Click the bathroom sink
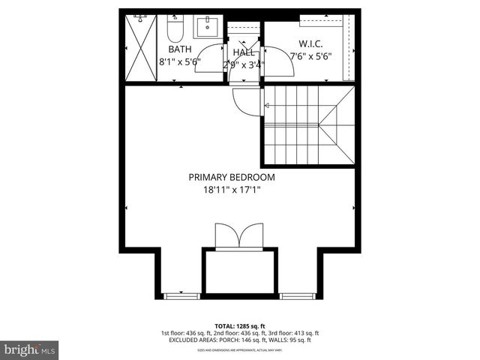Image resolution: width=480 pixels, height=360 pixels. (x=205, y=28)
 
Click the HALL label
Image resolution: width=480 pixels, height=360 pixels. (x=243, y=52)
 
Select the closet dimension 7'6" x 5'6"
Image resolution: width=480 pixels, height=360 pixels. (x=310, y=55)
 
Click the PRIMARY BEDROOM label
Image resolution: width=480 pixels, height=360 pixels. (x=231, y=178)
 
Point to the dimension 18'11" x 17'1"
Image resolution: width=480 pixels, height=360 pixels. (x=231, y=190)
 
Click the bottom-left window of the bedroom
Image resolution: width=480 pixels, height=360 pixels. (x=178, y=295)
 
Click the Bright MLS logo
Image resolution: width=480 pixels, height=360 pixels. (x=30, y=349)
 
